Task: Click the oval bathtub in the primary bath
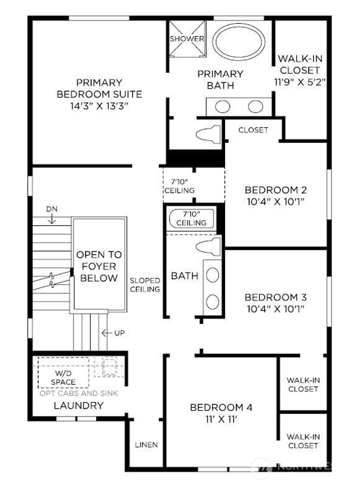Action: coord(239,42)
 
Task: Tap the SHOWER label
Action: coord(187,39)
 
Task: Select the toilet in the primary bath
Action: coord(208,134)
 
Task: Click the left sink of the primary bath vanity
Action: coord(223,107)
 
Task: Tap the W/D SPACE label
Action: coord(63,378)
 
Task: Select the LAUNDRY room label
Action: coord(78,405)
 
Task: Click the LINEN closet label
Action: coord(146,445)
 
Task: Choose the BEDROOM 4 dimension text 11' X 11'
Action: coord(221,419)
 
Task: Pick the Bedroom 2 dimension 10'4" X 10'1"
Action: coord(275,202)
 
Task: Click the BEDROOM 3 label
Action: coord(275,297)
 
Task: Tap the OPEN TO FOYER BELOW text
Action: coord(99,266)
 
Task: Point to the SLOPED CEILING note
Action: coord(145,285)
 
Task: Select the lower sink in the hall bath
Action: coord(212,301)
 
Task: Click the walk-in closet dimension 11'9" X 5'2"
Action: coord(300,82)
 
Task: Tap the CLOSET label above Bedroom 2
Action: coord(253,130)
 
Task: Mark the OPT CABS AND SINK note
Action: coord(79,393)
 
